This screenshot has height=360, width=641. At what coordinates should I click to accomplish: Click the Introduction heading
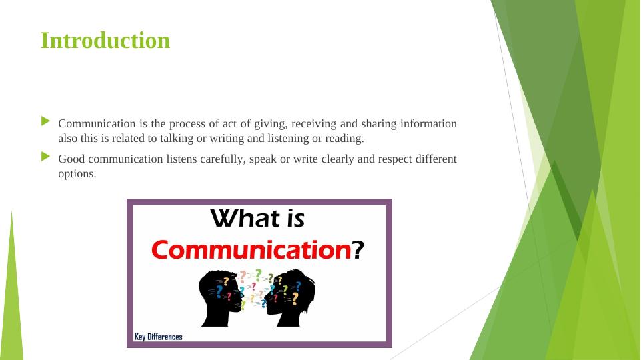[x=105, y=41]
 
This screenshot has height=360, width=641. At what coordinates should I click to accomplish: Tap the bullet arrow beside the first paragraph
[x=45, y=121]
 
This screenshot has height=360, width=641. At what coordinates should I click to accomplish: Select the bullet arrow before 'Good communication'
[x=45, y=157]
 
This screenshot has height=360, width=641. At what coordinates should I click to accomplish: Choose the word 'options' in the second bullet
[x=77, y=174]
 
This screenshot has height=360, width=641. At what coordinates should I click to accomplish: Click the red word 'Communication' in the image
[x=251, y=250]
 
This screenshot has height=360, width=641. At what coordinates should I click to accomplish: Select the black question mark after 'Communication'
[x=358, y=250]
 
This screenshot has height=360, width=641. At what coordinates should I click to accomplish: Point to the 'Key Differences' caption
[x=158, y=337]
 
